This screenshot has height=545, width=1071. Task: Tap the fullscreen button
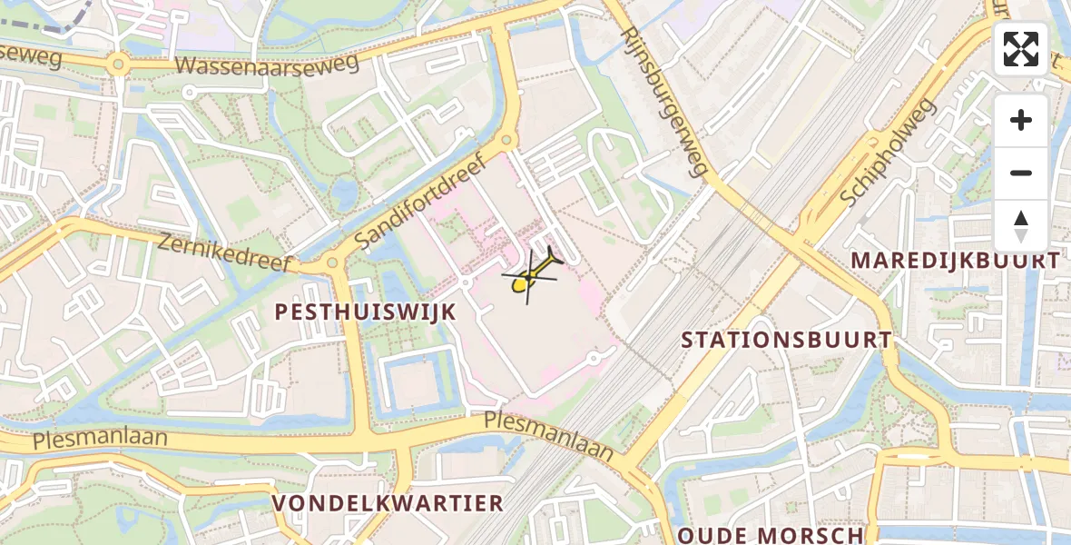tap(1021, 49)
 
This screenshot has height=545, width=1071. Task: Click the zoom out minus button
tap(1021, 173)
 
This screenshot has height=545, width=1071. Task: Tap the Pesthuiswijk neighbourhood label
tap(365, 312)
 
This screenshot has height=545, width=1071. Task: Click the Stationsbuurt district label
tap(786, 340)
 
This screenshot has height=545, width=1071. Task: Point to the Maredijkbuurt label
tap(955, 261)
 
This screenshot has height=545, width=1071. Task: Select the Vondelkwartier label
tap(388, 503)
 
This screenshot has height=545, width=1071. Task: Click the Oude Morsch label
tap(771, 535)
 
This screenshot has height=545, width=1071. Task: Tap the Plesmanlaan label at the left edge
tap(100, 439)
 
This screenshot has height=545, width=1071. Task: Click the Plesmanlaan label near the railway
tap(548, 435)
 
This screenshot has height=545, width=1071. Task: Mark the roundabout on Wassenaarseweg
tap(116, 64)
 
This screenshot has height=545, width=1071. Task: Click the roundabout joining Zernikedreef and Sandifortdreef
tap(332, 263)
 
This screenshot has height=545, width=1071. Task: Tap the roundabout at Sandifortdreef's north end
tap(506, 140)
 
